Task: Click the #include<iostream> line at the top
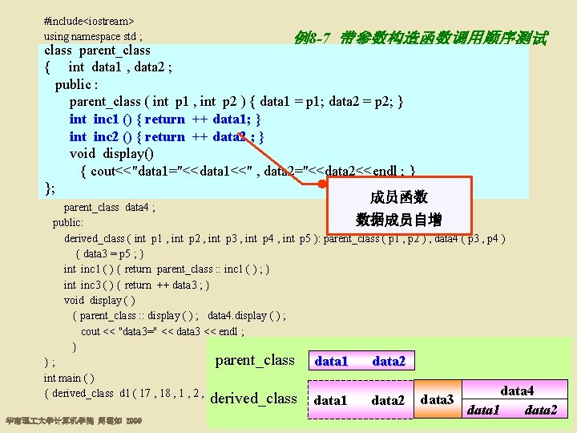pos(88,19)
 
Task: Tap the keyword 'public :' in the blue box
pos(77,84)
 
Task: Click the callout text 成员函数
pos(398,197)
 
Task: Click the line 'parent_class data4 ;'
pos(109,208)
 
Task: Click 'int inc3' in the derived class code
pos(81,285)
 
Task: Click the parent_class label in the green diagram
pos(255,360)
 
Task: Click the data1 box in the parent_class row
pos(331,362)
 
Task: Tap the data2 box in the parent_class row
pos(389,362)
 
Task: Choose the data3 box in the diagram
pos(437,399)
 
